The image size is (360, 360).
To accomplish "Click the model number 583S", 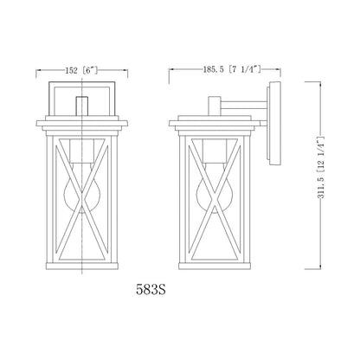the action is pyautogui.click(x=151, y=290).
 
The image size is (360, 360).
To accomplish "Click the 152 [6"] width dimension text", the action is pyautogui.click(x=81, y=70).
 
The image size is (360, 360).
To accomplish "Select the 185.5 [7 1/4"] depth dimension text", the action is pyautogui.click(x=233, y=69).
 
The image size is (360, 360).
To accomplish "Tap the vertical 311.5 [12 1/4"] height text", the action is pyautogui.click(x=321, y=167).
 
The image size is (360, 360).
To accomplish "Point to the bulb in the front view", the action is pyautogui.click(x=82, y=188).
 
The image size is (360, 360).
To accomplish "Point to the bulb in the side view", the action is pyautogui.click(x=215, y=188).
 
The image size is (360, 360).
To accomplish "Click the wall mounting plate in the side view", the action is pyautogui.click(x=275, y=123).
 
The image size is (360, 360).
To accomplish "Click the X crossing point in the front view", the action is pyautogui.click(x=82, y=199).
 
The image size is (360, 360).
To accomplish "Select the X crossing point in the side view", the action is pyautogui.click(x=215, y=199).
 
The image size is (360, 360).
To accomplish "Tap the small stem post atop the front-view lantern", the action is pyautogui.click(x=82, y=106).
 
